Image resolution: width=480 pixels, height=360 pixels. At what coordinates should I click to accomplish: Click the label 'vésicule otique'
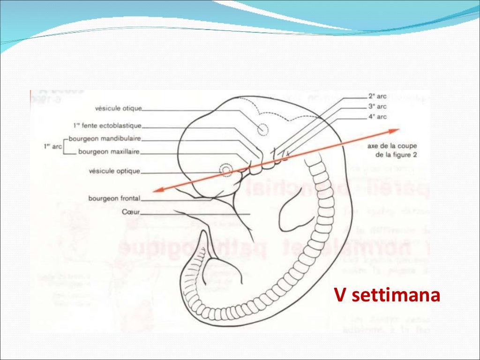(x=118, y=108)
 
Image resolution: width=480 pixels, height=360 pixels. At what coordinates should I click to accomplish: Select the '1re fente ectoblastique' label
(x=107, y=126)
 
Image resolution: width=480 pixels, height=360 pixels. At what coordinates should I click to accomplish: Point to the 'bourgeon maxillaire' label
(x=109, y=152)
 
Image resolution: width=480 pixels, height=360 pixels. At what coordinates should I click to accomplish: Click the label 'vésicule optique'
(x=114, y=171)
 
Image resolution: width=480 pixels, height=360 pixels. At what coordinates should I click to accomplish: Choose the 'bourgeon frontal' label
(x=114, y=198)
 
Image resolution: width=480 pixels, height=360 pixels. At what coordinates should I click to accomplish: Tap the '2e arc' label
(x=377, y=97)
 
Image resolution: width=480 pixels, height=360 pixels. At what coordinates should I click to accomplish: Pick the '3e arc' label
(x=377, y=106)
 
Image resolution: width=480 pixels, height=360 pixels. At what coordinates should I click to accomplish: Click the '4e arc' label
(x=377, y=117)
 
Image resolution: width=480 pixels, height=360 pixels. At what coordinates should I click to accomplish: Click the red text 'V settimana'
(x=387, y=296)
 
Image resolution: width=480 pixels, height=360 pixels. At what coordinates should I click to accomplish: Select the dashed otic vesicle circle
(x=263, y=128)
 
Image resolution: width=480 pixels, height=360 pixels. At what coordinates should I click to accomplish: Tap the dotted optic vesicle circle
(x=227, y=169)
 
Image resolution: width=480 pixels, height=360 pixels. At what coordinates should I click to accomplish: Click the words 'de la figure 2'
(x=395, y=155)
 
